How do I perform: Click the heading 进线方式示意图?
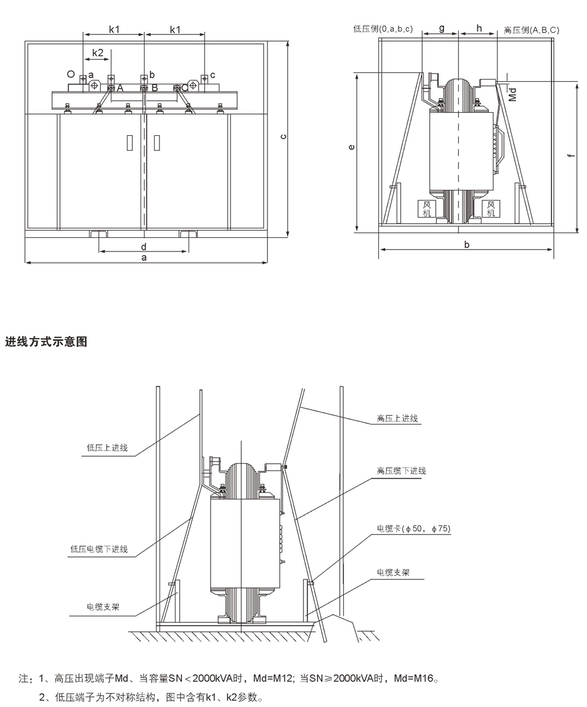46,342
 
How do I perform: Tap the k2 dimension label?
97,53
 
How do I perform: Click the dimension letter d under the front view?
144,246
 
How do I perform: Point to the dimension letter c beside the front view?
283,136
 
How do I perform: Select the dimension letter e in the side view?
352,147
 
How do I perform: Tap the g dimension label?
441,28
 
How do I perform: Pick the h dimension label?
479,28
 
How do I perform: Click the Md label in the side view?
513,94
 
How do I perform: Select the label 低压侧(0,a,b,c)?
383,29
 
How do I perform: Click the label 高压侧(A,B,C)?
531,30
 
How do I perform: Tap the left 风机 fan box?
426,209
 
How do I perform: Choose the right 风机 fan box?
490,209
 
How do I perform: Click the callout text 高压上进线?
397,418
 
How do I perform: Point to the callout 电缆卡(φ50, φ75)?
413,528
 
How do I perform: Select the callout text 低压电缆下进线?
99,549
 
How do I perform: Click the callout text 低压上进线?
107,448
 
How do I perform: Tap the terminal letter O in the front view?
71,74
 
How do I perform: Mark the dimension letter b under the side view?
467,245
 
